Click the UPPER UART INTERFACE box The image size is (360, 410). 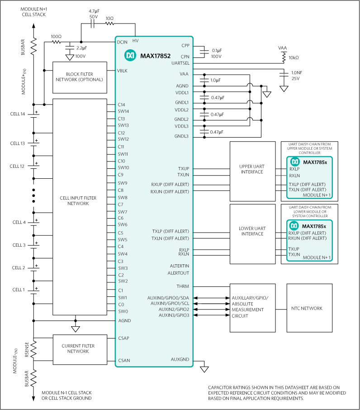click(x=252, y=169)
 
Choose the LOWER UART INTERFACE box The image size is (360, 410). click(x=252, y=231)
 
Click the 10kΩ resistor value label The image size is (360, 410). click(x=294, y=57)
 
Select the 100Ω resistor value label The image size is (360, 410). click(x=57, y=36)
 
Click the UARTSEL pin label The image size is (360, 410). click(x=180, y=64)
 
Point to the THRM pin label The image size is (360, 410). click(x=183, y=286)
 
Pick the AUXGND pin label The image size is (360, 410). click(x=180, y=360)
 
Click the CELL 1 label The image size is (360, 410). click(x=19, y=290)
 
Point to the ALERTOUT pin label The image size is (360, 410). click(x=179, y=273)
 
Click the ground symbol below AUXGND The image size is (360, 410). click(x=204, y=369)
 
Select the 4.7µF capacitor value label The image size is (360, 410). click(x=94, y=11)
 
